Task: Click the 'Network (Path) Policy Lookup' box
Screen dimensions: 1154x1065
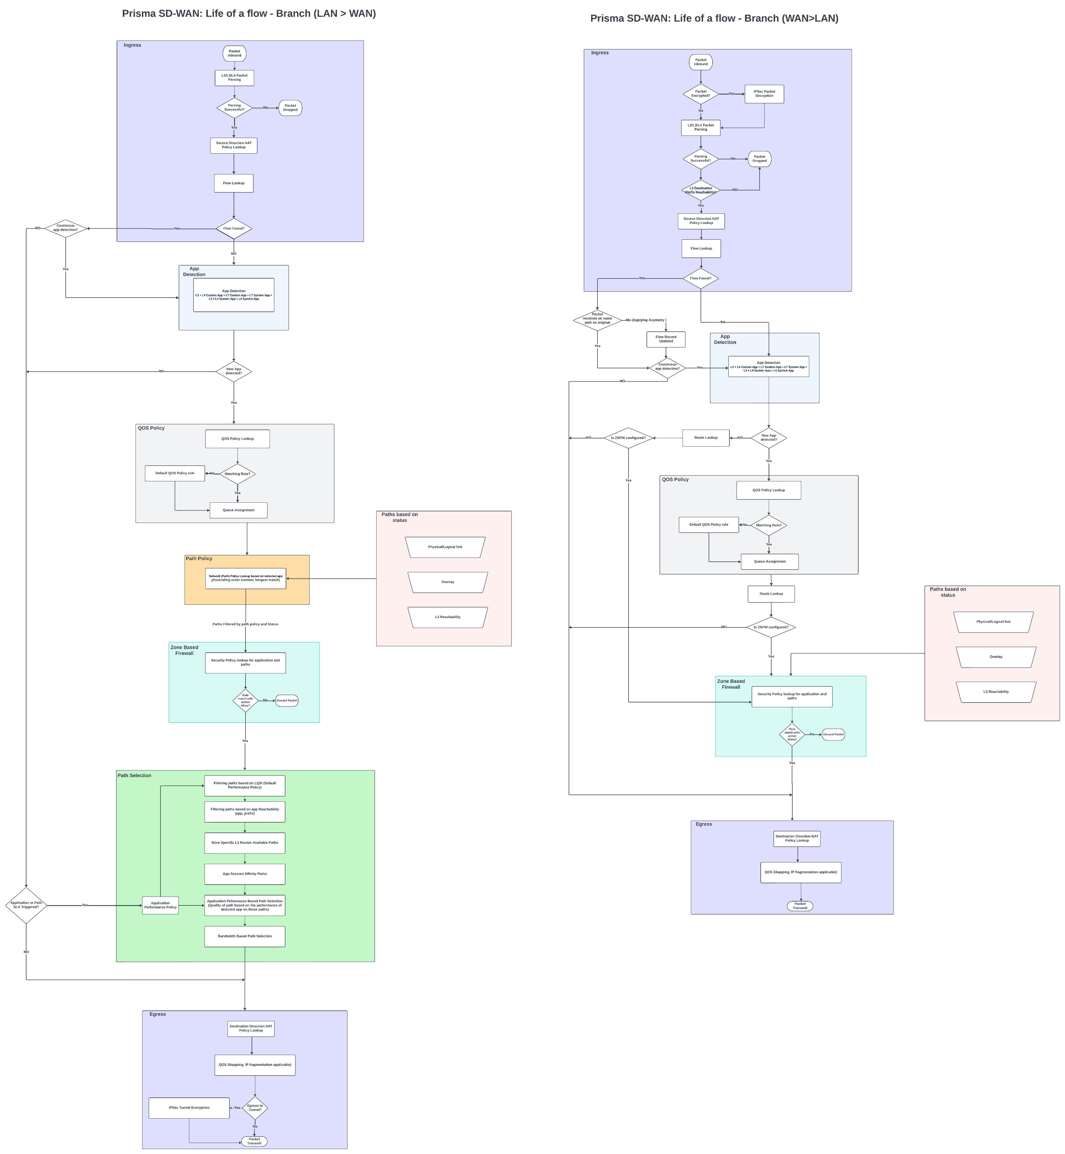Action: click(x=246, y=578)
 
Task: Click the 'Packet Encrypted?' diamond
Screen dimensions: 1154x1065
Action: click(x=701, y=93)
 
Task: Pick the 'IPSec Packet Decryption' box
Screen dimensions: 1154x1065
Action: click(x=764, y=93)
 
